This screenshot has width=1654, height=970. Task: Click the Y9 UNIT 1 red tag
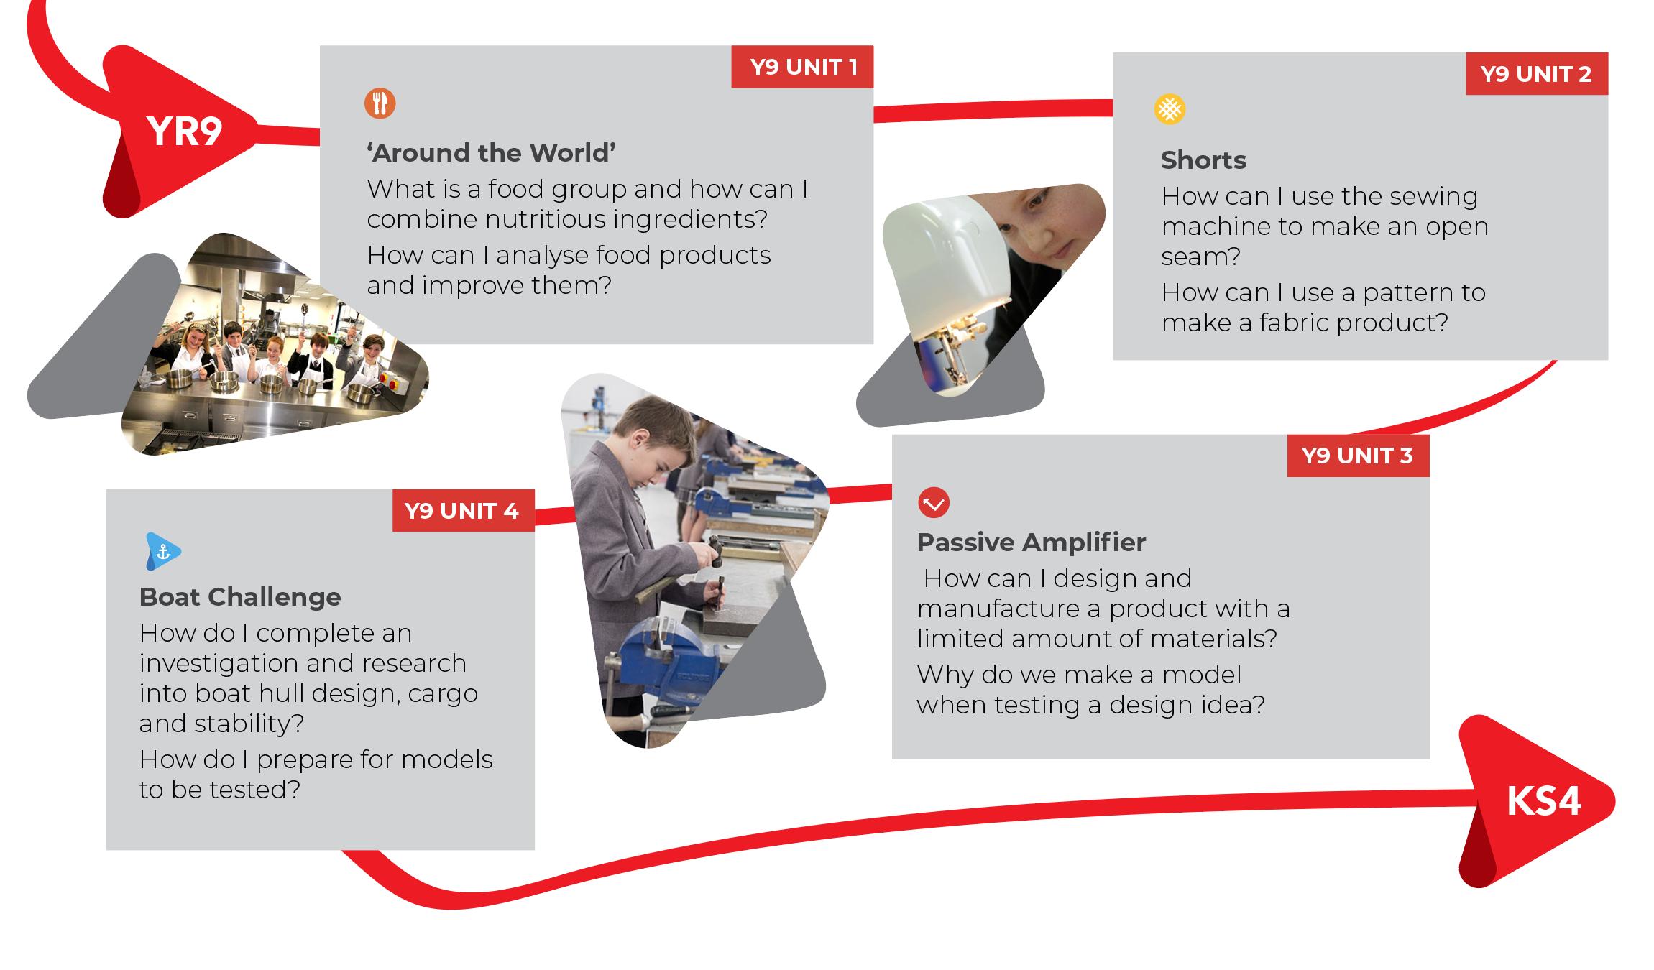click(802, 67)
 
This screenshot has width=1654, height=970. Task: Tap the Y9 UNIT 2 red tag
click(1537, 74)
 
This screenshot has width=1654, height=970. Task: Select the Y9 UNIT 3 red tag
click(1358, 456)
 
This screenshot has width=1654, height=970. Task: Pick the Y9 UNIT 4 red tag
click(463, 511)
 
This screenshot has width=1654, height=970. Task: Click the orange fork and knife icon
click(380, 103)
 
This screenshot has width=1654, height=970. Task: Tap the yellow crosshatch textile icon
click(1170, 109)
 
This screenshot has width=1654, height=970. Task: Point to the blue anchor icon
click(163, 552)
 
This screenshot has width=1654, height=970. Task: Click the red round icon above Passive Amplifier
click(934, 503)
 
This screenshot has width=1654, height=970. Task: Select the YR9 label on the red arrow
click(184, 131)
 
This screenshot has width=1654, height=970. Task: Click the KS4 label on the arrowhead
click(1543, 801)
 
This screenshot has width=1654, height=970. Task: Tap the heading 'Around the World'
click(492, 153)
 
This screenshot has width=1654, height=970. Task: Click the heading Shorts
click(1203, 160)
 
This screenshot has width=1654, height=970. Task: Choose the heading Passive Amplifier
click(1032, 542)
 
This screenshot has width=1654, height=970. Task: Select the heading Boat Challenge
click(240, 597)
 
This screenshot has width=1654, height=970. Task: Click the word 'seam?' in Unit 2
click(1201, 257)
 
